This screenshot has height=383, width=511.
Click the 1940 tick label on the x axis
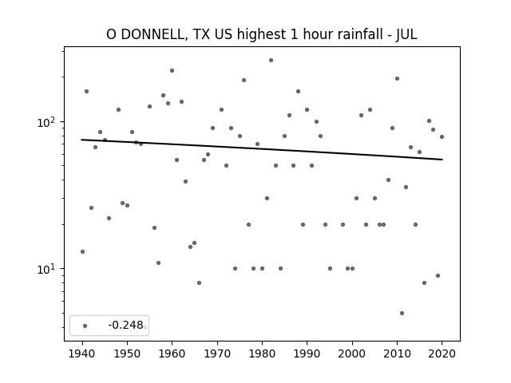[82, 353]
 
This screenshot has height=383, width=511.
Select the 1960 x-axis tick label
[172, 353]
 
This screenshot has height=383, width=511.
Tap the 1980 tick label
[262, 353]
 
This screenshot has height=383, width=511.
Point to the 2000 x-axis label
[352, 353]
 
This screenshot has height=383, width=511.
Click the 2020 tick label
[442, 353]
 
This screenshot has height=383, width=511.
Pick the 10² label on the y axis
[48, 122]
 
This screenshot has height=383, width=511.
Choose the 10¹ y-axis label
[48, 269]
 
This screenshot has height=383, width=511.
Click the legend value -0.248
[125, 325]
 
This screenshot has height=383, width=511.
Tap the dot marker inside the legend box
[85, 326]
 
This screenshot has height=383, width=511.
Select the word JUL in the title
[406, 34]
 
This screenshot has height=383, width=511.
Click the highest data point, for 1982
[271, 61]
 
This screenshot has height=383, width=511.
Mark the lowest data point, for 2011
[402, 313]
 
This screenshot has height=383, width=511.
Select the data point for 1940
[82, 252]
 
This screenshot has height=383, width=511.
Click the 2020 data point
[442, 136]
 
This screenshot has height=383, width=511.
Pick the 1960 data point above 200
[172, 71]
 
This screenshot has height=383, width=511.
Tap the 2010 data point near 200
[397, 78]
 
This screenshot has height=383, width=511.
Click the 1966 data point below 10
[199, 282]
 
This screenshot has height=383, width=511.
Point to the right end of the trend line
[442, 160]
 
